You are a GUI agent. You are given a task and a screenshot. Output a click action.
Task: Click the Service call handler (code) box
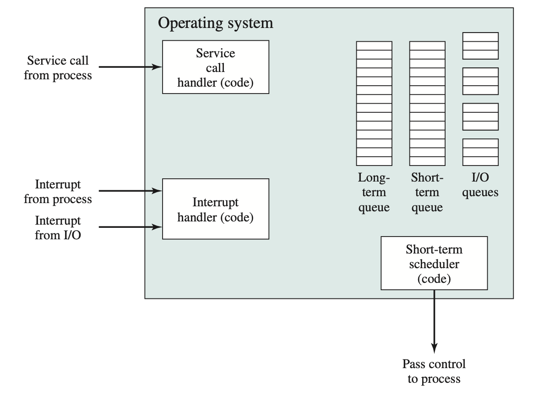coord(215,67)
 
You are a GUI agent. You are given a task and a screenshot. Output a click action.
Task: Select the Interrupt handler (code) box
coord(215,209)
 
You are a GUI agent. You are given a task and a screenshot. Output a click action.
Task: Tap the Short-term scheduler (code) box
coord(434,263)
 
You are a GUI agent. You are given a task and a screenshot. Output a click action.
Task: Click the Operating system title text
coord(215,23)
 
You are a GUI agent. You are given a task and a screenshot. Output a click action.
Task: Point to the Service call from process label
coord(58,68)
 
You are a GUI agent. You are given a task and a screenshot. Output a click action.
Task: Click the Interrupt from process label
coord(58,192)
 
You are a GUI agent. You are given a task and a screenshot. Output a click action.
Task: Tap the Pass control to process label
coord(434,371)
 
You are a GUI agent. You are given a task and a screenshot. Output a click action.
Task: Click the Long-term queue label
coord(374,193)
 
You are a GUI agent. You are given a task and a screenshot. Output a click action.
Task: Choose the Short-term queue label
coord(427,193)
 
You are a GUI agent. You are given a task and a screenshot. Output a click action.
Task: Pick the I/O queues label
coord(480,185)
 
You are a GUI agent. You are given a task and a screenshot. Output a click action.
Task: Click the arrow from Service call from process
coord(130,67)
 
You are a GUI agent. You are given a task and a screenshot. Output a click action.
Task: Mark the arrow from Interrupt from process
coord(130,191)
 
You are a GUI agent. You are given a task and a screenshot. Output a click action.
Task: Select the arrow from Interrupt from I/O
coord(130,226)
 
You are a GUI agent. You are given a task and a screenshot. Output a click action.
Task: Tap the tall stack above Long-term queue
coord(374,103)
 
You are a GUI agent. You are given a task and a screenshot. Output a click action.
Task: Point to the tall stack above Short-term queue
coord(427,103)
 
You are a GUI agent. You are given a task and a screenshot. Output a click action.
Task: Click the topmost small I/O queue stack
coord(480,46)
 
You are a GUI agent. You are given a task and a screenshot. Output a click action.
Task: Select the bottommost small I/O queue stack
coord(480,152)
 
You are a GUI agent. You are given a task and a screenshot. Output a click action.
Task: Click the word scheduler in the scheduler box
coord(434,265)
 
